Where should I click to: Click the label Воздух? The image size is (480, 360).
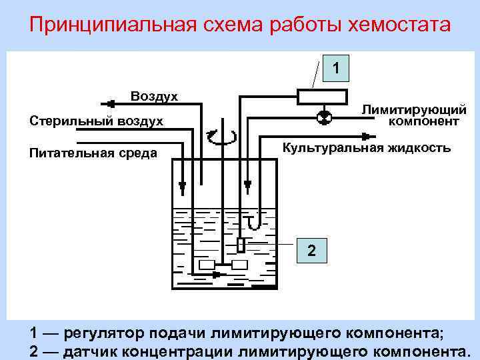click(154, 96)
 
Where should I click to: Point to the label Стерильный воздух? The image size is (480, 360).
click(97, 121)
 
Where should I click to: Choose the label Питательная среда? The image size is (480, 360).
click(93, 153)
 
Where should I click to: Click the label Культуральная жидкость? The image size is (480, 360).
click(366, 147)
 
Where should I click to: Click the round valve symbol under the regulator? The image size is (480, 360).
click(323, 117)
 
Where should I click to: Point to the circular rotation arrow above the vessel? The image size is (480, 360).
click(221, 137)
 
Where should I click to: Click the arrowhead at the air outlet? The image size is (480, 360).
click(107, 103)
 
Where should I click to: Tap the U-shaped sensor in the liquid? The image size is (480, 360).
click(252, 220)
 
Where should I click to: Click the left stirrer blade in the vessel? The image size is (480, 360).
click(207, 265)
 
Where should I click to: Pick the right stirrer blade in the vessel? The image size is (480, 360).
click(239, 265)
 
